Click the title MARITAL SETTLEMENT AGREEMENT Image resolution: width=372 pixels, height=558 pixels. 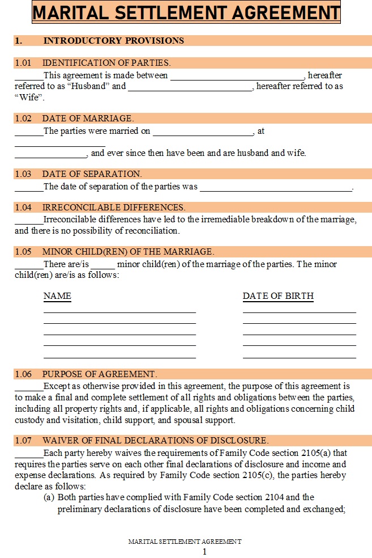pyautogui.click(x=186, y=12)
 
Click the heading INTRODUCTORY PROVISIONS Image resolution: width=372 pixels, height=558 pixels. pyautogui.click(x=113, y=40)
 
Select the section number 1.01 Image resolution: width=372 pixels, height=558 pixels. pyautogui.click(x=23, y=63)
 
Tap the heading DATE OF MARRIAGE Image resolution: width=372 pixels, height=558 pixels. pyautogui.click(x=88, y=119)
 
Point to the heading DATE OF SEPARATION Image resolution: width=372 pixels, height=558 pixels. pyautogui.click(x=92, y=174)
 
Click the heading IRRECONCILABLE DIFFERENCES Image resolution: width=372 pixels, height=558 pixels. pyautogui.click(x=113, y=208)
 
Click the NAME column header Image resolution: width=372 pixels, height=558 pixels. pyautogui.click(x=57, y=296)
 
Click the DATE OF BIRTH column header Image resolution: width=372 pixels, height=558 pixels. pyautogui.click(x=278, y=296)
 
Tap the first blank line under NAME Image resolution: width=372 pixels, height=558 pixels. pyautogui.click(x=119, y=312)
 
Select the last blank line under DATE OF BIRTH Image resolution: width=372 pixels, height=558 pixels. pyautogui.click(x=299, y=357)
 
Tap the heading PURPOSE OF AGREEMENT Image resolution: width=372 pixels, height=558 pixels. pyautogui.click(x=99, y=374)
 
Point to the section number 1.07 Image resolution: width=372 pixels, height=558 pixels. pyautogui.click(x=23, y=441)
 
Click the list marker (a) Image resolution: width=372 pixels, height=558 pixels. pyautogui.click(x=49, y=497)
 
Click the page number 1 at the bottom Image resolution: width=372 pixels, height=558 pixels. pyautogui.click(x=204, y=551)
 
